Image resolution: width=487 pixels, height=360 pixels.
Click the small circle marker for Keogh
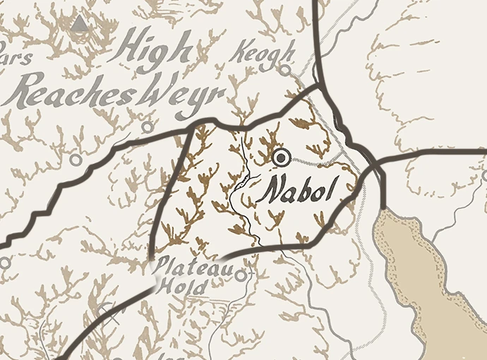coord(284,71)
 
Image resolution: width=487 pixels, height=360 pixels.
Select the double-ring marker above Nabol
coord(282,157)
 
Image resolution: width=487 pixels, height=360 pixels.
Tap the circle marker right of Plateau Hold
coord(241,275)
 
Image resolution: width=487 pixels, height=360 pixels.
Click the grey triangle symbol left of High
coord(80,25)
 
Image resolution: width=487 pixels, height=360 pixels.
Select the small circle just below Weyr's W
coord(147,127)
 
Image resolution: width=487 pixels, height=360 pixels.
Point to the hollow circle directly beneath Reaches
coord(76,160)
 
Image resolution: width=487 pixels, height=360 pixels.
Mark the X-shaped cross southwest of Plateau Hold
coord(107,308)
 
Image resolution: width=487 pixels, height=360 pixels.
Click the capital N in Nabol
coord(271,191)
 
